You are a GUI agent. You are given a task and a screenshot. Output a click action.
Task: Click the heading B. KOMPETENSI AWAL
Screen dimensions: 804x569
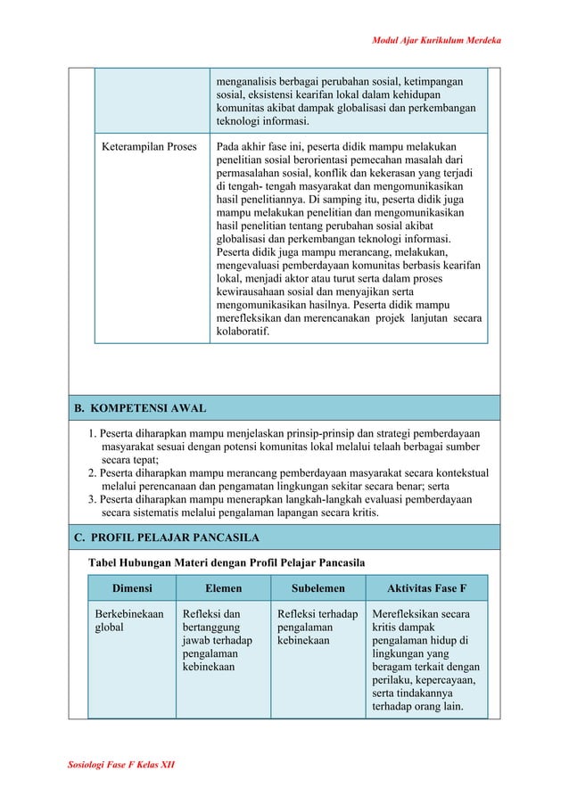click(x=140, y=408)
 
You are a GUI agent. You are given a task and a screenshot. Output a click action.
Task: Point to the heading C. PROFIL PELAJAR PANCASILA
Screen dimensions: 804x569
click(x=166, y=537)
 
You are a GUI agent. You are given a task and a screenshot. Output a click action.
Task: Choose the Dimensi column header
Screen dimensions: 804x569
click(x=132, y=588)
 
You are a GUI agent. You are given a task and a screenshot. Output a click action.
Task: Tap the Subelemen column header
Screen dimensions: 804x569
click(x=317, y=588)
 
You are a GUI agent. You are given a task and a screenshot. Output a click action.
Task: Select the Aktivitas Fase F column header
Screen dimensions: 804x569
click(x=426, y=588)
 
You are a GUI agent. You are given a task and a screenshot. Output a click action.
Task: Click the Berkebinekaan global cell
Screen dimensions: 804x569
click(x=129, y=621)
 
